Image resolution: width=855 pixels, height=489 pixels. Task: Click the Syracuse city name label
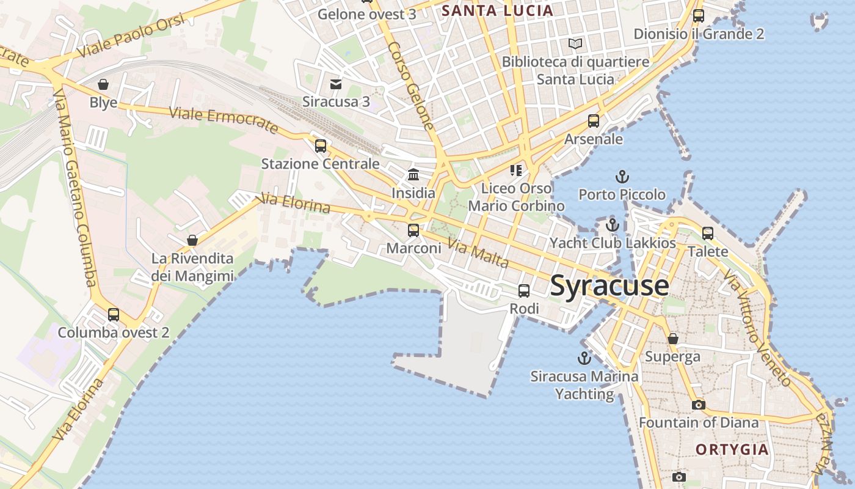609,286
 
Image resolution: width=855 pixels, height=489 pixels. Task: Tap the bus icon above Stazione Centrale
321,146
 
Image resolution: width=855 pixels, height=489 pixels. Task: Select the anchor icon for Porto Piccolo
622,177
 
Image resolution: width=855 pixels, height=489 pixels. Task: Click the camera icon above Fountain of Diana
698,405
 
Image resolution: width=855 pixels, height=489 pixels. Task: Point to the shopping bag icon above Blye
103,84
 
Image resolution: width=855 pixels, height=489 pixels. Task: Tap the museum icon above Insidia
413,175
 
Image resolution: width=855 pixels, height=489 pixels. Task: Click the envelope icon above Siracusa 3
336,84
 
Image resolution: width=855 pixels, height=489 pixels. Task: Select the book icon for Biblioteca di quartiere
575,43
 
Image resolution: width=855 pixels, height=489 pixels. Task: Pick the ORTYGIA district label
732,450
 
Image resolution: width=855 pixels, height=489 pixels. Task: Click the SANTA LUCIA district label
497,10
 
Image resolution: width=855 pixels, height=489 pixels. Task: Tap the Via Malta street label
478,253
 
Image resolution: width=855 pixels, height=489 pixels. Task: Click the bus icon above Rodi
524,291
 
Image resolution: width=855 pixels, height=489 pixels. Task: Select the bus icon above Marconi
413,230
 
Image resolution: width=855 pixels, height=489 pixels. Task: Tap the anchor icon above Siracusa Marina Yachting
584,358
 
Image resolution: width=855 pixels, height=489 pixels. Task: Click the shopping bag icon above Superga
672,339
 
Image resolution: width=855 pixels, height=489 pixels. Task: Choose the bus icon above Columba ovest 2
114,315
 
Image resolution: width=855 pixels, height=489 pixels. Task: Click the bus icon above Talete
708,233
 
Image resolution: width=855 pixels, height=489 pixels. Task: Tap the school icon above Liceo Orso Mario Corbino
517,170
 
